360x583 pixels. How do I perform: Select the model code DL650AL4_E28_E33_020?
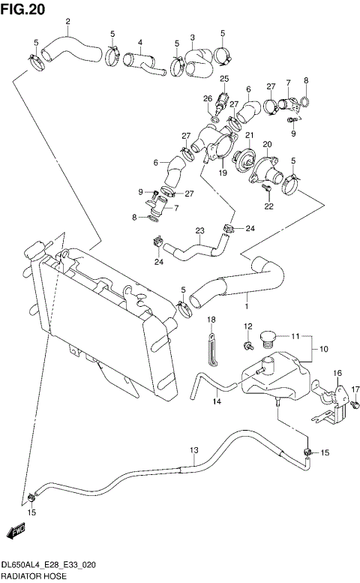pos(48,564)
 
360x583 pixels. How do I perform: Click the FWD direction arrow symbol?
pos(16,532)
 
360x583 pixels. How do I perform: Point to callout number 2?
pos(68,21)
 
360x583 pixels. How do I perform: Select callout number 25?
pos(223,79)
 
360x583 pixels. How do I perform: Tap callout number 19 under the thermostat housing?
pos(222,172)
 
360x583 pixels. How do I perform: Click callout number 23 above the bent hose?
pos(199,230)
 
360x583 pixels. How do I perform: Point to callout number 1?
pos(245,305)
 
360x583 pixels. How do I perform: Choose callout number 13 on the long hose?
pos(193,450)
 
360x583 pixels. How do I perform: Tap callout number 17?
pos(355,389)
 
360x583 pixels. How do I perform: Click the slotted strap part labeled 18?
pos(211,352)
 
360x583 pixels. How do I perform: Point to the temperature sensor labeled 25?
pos(223,100)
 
